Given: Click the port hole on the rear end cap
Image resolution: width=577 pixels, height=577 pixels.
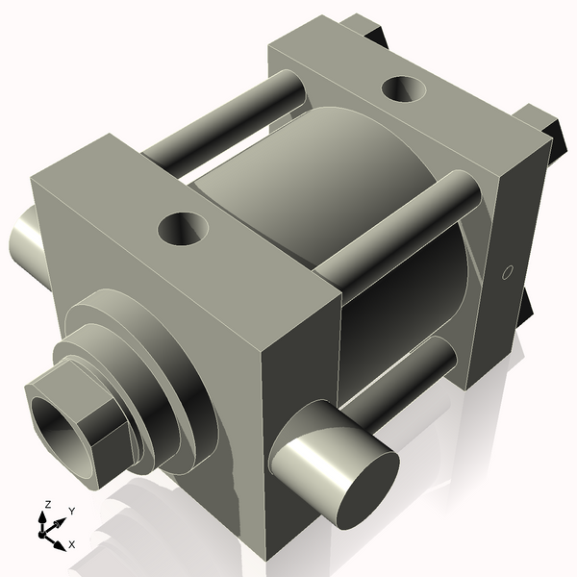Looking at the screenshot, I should [404, 89].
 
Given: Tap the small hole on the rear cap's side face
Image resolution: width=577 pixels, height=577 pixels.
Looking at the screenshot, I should [509, 271].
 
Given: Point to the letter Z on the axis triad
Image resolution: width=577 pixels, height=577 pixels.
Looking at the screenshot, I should [47, 504].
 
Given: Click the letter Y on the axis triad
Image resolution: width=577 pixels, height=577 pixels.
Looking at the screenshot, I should [71, 511].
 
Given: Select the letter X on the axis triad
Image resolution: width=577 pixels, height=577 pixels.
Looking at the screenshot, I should [71, 544].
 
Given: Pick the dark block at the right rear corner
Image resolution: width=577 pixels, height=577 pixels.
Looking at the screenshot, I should [543, 125].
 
